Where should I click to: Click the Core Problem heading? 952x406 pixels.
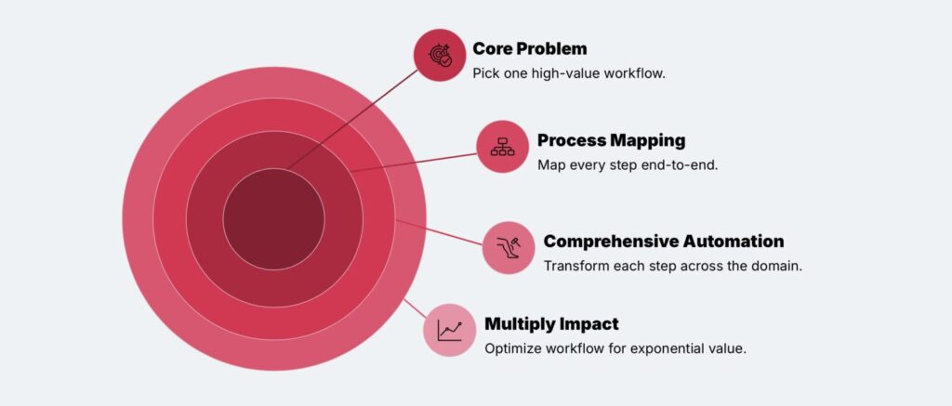point(529,48)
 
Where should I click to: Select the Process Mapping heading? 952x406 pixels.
point(611,140)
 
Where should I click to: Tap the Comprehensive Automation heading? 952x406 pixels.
point(663,242)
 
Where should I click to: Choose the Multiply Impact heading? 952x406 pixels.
point(551,324)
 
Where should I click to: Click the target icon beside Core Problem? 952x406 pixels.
point(440,56)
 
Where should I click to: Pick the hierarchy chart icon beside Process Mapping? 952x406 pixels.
point(503,146)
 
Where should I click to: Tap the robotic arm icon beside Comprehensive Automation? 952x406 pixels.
point(509,247)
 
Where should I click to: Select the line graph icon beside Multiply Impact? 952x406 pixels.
point(450,330)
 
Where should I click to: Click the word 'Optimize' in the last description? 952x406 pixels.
point(513,348)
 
